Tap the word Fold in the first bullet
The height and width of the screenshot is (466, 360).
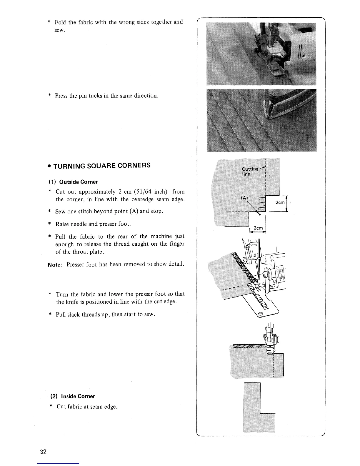[x=60, y=22]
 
